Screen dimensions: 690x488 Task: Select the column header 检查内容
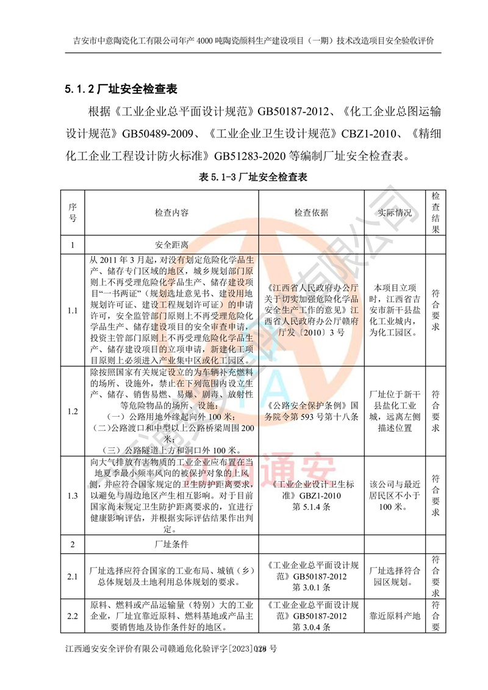tap(171, 213)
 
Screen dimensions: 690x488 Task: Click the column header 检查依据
tap(311, 213)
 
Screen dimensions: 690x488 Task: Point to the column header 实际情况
tap(395, 213)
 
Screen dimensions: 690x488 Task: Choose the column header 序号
tap(72, 213)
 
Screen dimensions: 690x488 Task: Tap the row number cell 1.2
tap(72, 411)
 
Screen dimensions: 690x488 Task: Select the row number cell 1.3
tap(72, 495)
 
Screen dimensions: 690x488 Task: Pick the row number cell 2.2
tap(72, 616)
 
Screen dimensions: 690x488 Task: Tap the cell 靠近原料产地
tap(395, 616)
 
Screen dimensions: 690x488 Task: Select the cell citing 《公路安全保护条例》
tap(311, 411)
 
